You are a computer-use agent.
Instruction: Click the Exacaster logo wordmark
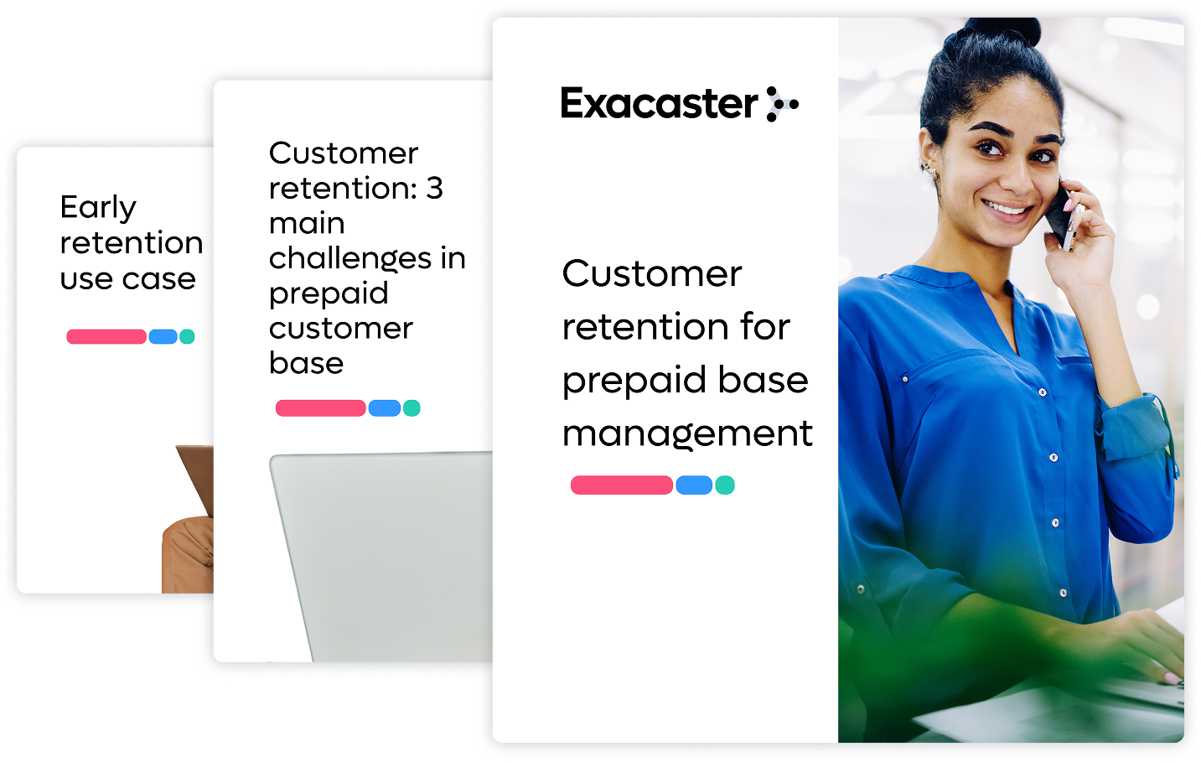point(660,103)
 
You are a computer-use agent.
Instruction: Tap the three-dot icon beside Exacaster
point(782,104)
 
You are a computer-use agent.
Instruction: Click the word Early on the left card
point(98,208)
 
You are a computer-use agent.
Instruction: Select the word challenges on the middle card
point(350,257)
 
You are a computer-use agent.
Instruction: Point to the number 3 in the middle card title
point(435,189)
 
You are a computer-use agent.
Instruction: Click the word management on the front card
point(687,434)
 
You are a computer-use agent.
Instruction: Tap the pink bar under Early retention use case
point(106,336)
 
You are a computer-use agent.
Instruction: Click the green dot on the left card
point(187,336)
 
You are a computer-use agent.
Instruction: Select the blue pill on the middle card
point(385,408)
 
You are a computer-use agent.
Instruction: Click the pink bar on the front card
point(621,485)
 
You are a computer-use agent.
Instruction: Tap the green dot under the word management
point(725,485)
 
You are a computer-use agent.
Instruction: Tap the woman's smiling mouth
point(1007,208)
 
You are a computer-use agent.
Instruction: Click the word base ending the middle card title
point(306,363)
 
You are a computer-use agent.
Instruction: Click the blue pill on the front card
point(694,485)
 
